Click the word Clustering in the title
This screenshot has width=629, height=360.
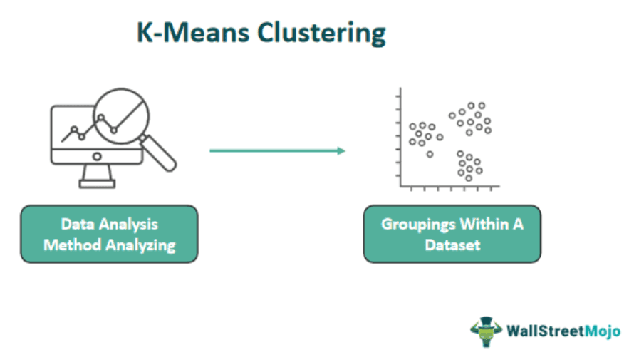tap(321, 34)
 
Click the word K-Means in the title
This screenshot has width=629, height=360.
tap(193, 31)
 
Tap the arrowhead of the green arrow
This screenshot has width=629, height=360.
tap(341, 151)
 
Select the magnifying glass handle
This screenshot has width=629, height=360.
tap(158, 153)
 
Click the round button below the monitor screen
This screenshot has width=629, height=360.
tap(97, 157)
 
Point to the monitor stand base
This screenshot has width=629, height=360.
tap(97, 184)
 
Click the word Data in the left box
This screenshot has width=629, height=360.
tap(78, 224)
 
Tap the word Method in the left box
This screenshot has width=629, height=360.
tap(72, 245)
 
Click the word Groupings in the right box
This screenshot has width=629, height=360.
tap(418, 225)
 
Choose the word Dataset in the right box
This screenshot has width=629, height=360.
tap(452, 245)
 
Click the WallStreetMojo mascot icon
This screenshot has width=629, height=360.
tap(486, 331)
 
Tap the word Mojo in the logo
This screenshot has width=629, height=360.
tap(603, 331)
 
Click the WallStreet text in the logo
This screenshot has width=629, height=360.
tap(546, 331)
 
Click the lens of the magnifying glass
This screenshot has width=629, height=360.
tap(121, 116)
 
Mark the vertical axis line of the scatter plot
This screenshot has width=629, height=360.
tap(400, 137)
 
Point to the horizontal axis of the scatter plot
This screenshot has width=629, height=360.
tap(449, 186)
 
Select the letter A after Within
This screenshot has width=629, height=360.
tap(519, 224)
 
